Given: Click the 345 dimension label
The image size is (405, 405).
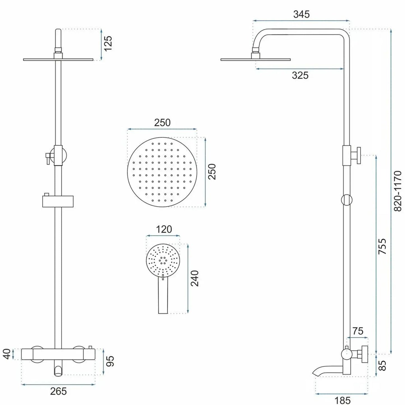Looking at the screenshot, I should [x=301, y=14].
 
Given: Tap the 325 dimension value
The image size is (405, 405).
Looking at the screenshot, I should [x=300, y=75].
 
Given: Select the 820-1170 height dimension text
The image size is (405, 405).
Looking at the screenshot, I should [x=398, y=191].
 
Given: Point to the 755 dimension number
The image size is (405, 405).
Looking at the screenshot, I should [x=382, y=246].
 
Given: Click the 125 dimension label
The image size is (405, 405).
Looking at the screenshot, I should [x=108, y=43].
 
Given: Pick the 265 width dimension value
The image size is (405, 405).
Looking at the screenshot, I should [x=58, y=391].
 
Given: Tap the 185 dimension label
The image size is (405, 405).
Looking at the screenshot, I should [x=342, y=400].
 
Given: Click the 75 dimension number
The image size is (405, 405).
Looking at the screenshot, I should [x=358, y=331].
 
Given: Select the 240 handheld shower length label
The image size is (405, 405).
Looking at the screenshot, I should [x=195, y=278].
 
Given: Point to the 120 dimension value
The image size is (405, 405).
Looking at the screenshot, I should [x=164, y=229].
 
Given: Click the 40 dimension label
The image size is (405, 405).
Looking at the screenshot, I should [x=7, y=354].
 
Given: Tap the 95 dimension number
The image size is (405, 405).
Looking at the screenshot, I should [x=110, y=361].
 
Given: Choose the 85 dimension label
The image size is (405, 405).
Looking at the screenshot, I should [x=382, y=365].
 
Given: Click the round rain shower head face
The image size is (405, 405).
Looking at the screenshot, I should [x=162, y=172].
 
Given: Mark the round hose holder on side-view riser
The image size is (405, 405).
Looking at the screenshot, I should [x=347, y=200].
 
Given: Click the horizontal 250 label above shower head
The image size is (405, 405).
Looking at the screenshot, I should [x=162, y=123].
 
